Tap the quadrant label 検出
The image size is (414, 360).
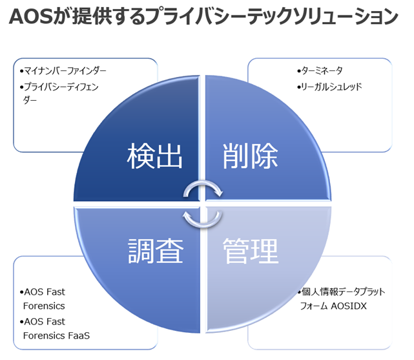pyautogui.click(x=155, y=156)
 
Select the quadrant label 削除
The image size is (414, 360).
pyautogui.click(x=250, y=156)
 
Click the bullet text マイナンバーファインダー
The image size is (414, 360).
pyautogui.click(x=65, y=70)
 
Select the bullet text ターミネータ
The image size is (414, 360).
pyautogui.click(x=324, y=70)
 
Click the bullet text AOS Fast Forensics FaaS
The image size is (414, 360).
pyautogui.click(x=55, y=328)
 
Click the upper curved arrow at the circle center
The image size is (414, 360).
pyautogui.click(x=203, y=187)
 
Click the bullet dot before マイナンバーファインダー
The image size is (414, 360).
pyautogui.click(x=21, y=70)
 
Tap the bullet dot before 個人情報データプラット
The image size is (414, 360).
pyautogui.click(x=298, y=292)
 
